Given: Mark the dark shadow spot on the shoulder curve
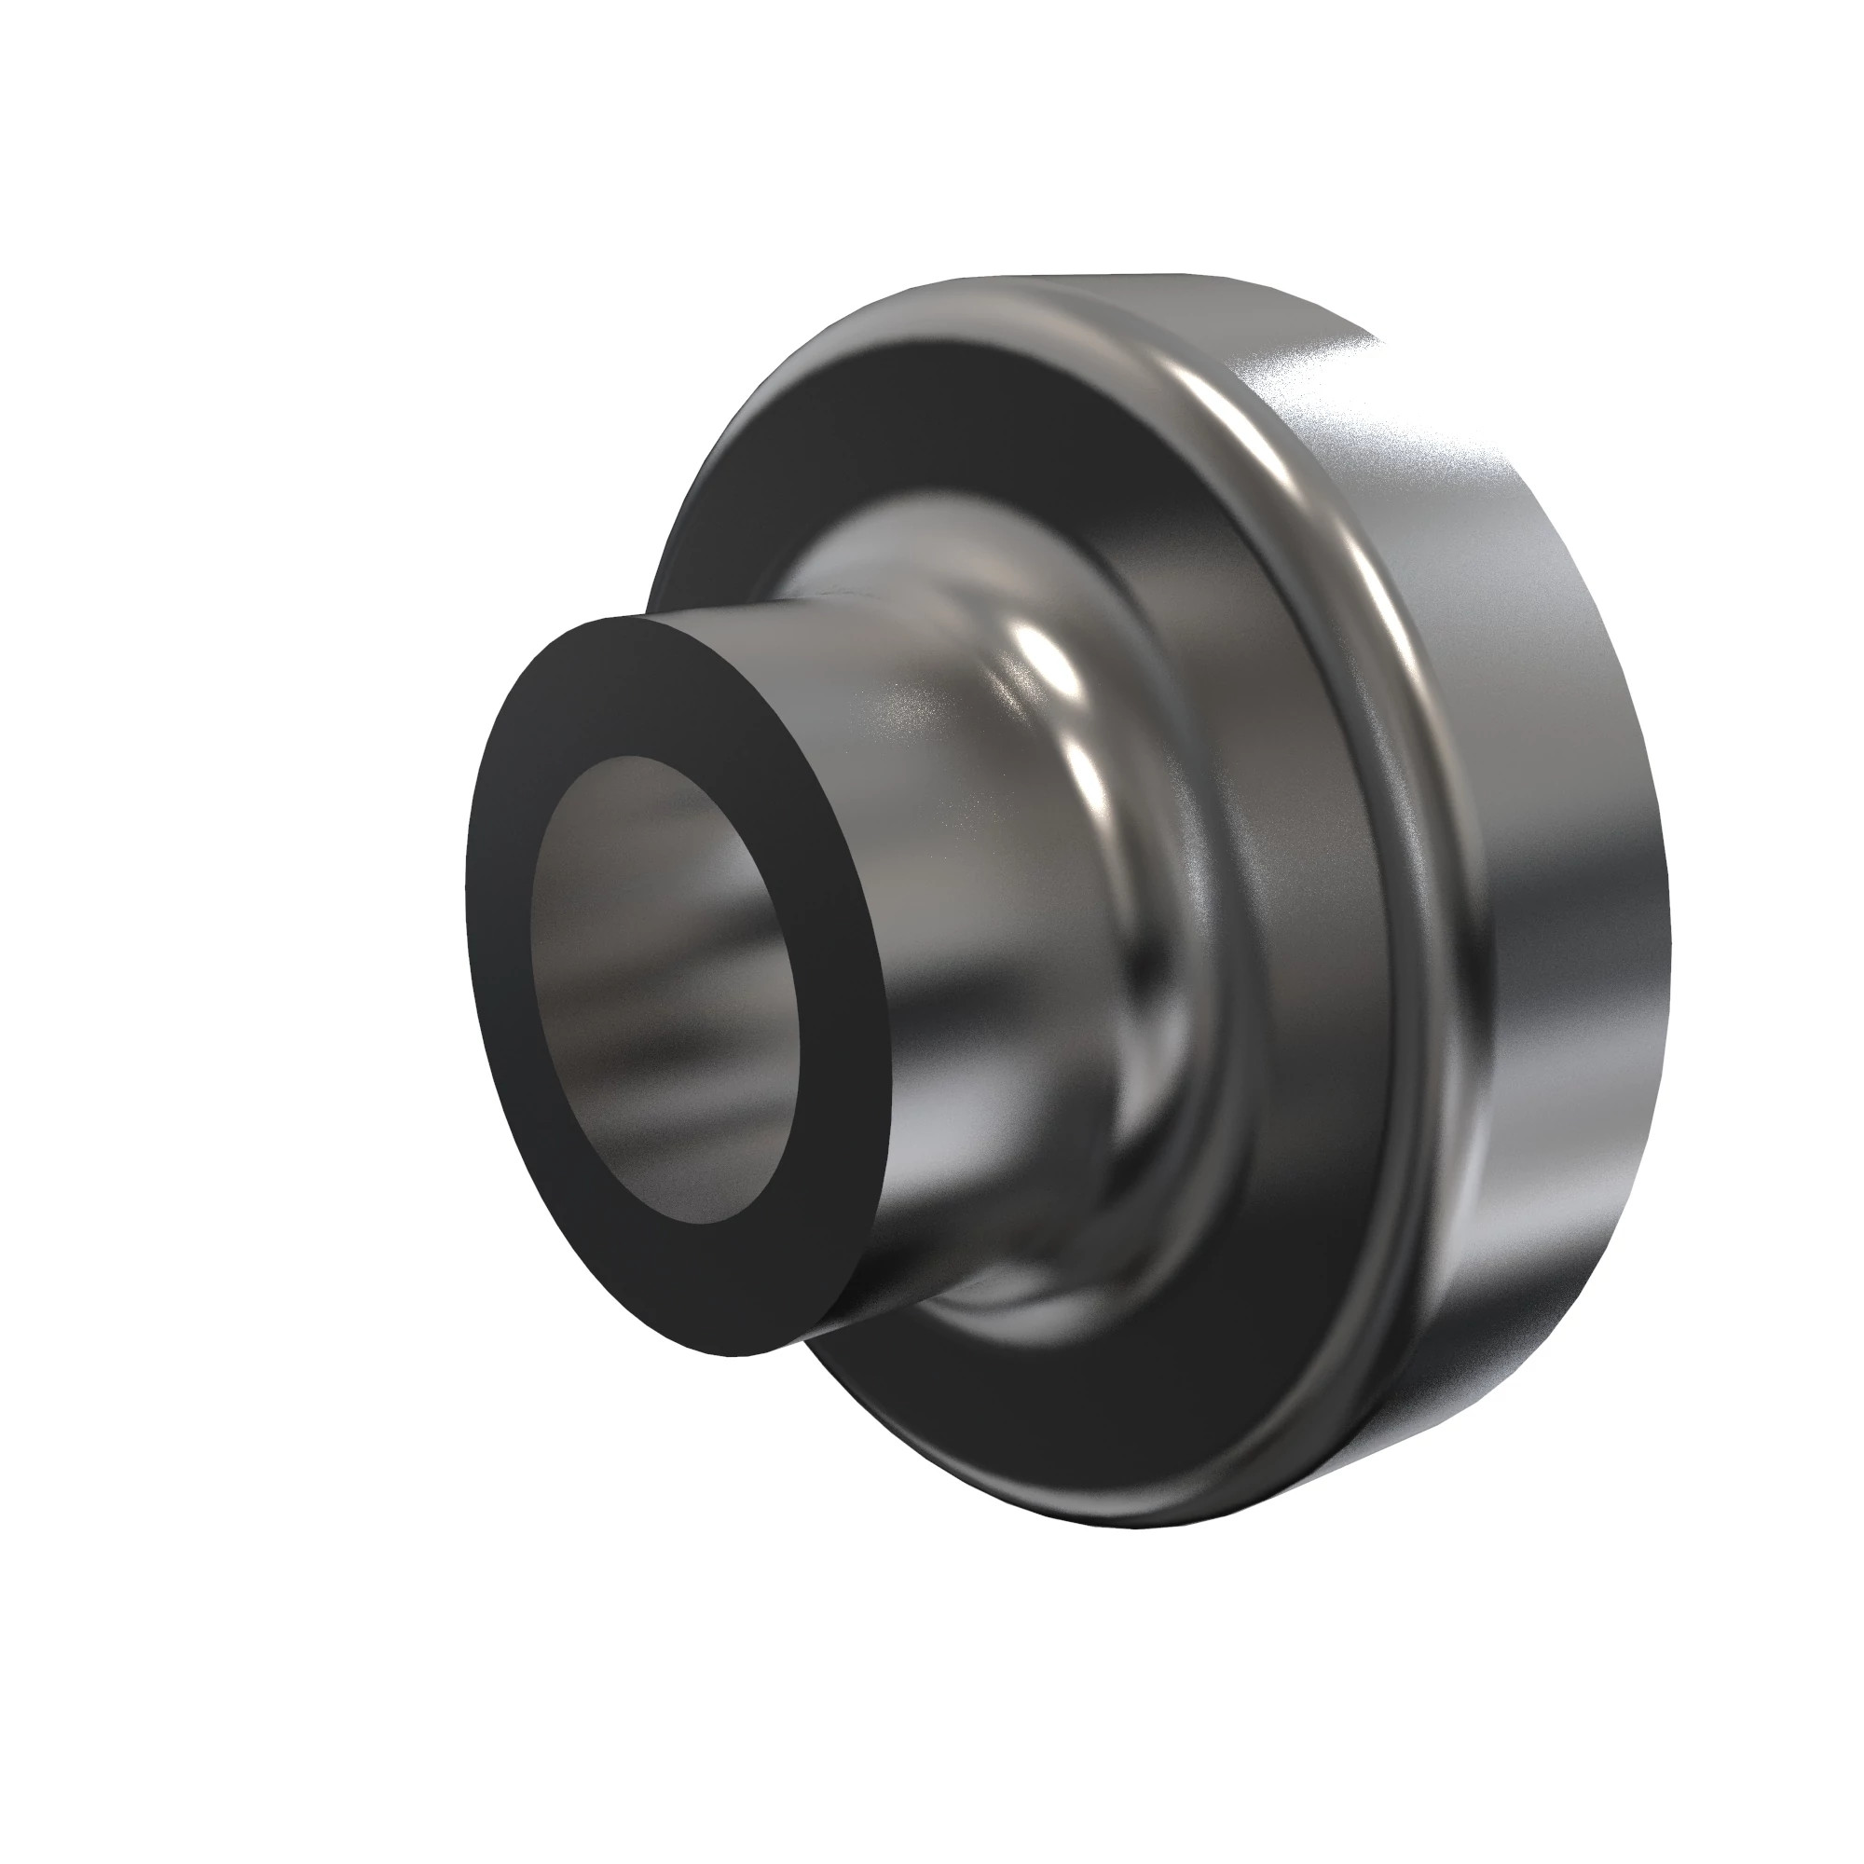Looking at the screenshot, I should (x=1148, y=955).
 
